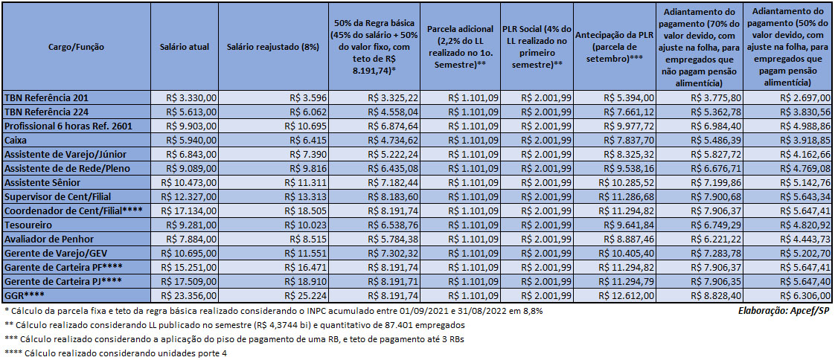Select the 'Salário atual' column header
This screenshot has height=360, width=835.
pos(179,47)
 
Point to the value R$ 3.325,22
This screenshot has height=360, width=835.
pos(392,97)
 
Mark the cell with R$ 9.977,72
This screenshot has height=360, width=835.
pos(628,125)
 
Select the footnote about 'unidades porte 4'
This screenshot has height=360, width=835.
pos(115,353)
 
